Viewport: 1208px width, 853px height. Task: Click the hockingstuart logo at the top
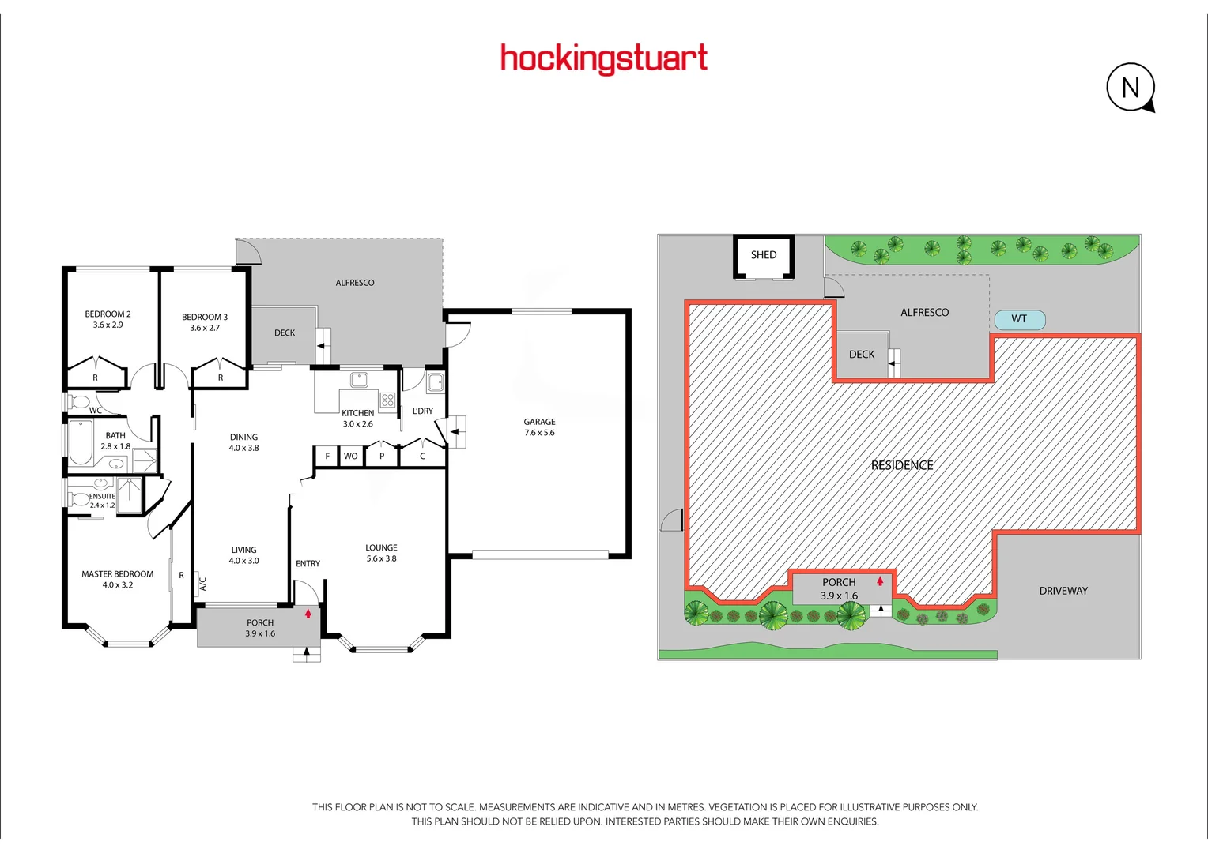(604, 58)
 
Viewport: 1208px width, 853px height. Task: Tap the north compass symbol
(1131, 87)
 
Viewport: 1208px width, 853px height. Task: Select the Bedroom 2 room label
(108, 314)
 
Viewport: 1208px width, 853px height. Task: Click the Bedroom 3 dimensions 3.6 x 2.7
(205, 328)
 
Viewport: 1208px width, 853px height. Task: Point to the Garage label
(539, 422)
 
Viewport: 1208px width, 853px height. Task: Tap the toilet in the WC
(79, 402)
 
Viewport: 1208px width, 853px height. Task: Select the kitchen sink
(360, 380)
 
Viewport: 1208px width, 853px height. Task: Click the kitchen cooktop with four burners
(387, 400)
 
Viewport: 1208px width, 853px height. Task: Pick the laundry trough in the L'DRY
(436, 384)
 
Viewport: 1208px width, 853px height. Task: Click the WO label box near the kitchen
(350, 456)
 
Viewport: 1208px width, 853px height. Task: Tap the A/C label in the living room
(202, 584)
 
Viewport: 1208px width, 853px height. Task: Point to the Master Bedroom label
(118, 574)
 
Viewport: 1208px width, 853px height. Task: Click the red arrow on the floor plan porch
(308, 613)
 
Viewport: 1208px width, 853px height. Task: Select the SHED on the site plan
(764, 255)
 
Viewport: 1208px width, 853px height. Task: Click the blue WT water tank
(1019, 319)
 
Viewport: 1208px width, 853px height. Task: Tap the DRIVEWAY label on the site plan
(1063, 591)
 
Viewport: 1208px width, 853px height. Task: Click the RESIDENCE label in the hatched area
(902, 465)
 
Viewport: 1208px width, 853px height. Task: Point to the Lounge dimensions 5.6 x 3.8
(381, 558)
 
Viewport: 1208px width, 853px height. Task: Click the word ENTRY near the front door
(308, 563)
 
